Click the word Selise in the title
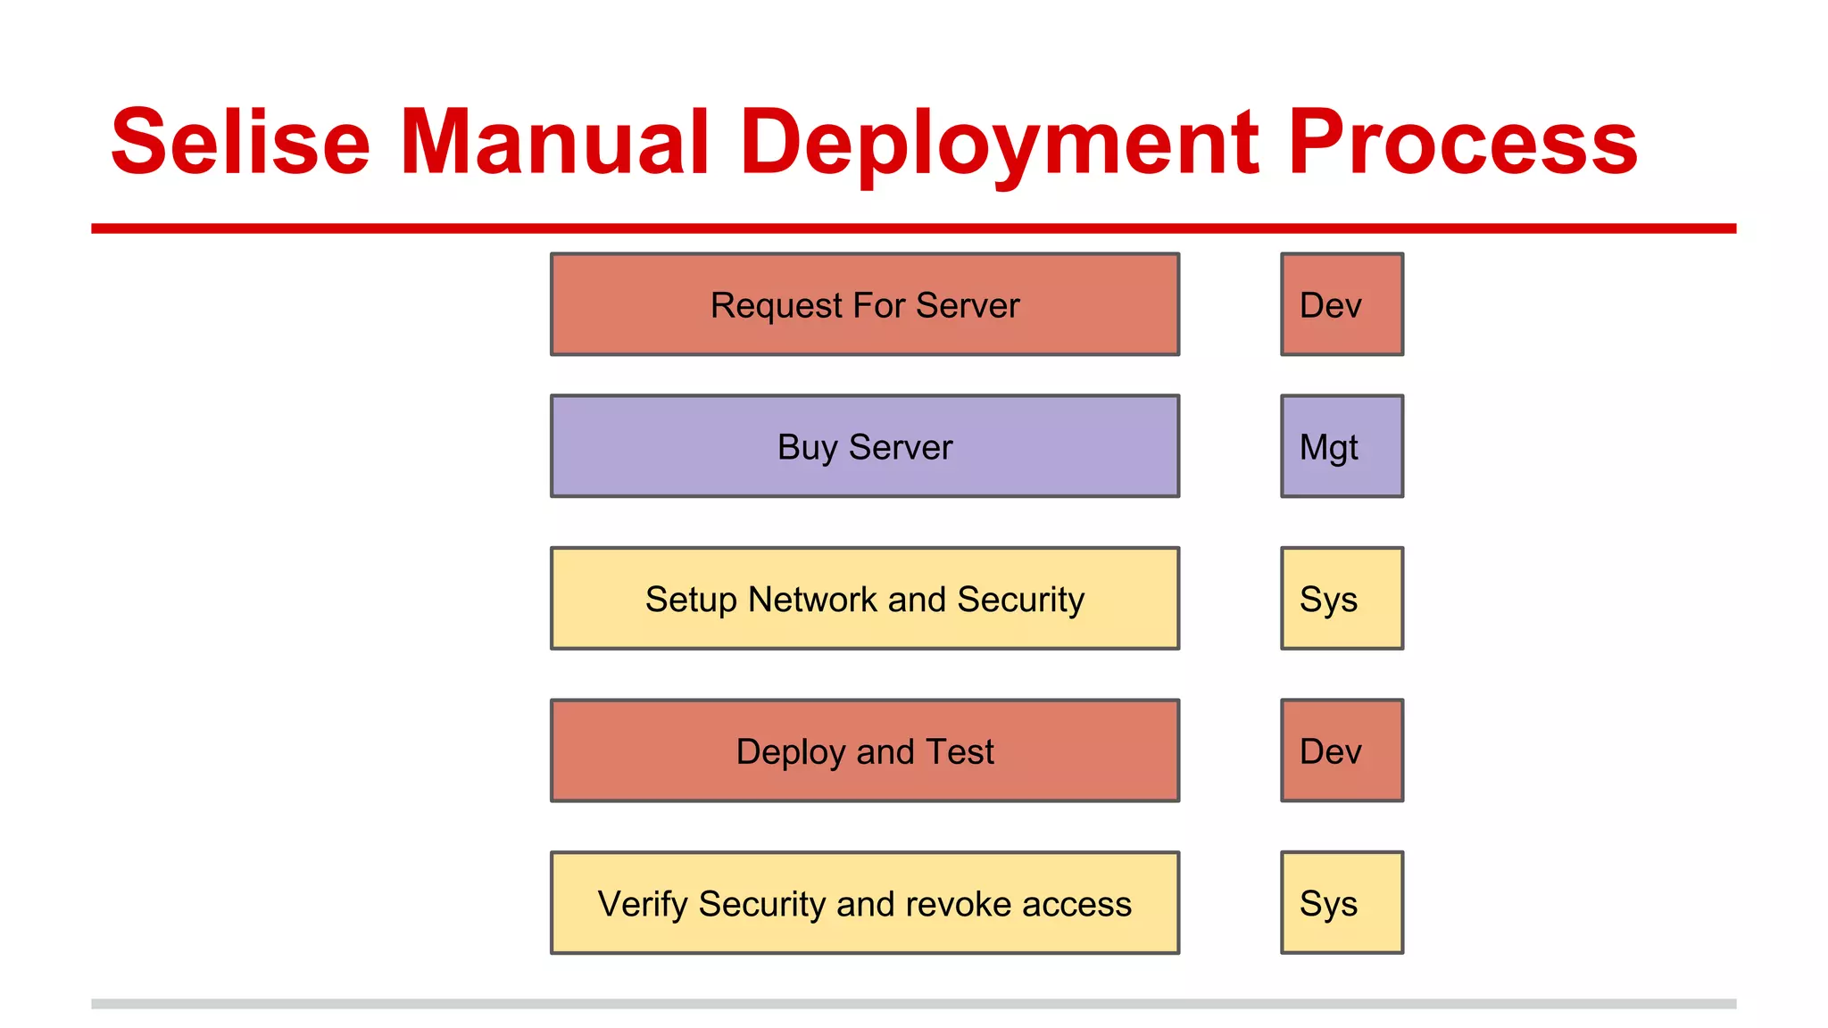[240, 143]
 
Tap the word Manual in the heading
[554, 143]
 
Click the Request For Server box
[864, 304]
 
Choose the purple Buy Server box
[864, 446]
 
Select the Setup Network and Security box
[864, 599]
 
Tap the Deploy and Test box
[864, 751]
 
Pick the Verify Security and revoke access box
[864, 903]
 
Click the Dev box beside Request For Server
[1342, 304]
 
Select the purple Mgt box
[1342, 446]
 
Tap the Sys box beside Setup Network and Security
[1342, 599]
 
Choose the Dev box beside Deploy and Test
[1342, 751]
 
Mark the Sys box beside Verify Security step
[1342, 903]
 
